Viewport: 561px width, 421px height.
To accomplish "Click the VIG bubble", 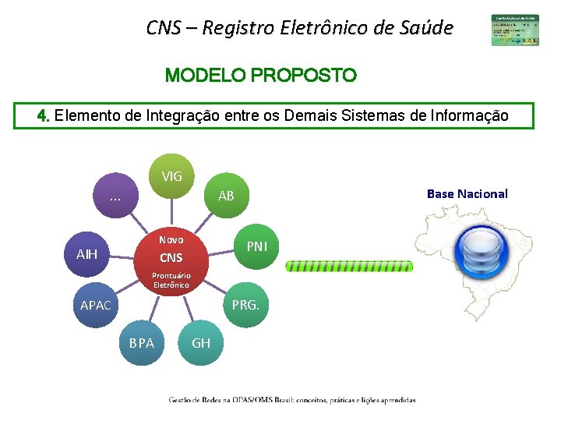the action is pyautogui.click(x=172, y=176).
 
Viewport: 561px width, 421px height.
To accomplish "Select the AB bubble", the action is pyautogui.click(x=226, y=196).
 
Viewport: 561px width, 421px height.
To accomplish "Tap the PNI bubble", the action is pyautogui.click(x=256, y=246).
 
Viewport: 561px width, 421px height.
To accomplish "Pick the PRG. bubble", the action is pyautogui.click(x=245, y=305).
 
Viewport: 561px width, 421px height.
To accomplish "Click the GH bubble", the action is pyautogui.click(x=201, y=342).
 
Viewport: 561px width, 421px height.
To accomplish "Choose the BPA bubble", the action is pyautogui.click(x=142, y=342).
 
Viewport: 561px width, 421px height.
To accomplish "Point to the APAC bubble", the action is pyautogui.click(x=96, y=305).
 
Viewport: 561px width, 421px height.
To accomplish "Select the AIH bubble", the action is pyautogui.click(x=86, y=254).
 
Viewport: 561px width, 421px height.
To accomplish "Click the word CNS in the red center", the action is pyautogui.click(x=171, y=258).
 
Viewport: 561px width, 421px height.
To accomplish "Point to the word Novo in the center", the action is pyautogui.click(x=171, y=240).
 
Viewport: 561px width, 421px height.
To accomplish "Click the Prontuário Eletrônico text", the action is pyautogui.click(x=171, y=280).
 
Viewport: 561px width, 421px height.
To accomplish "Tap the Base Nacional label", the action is pyautogui.click(x=467, y=193).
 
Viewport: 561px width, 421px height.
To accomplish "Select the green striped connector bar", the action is pyautogui.click(x=349, y=266).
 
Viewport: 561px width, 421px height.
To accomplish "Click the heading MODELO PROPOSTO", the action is pyautogui.click(x=261, y=76).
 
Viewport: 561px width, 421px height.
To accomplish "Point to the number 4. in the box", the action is pyautogui.click(x=44, y=116).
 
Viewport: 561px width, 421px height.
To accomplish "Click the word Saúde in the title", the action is pyautogui.click(x=424, y=29).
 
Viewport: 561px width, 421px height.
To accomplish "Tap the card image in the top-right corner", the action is pyautogui.click(x=514, y=30).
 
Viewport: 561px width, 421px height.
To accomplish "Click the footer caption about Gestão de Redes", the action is pyautogui.click(x=292, y=400).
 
